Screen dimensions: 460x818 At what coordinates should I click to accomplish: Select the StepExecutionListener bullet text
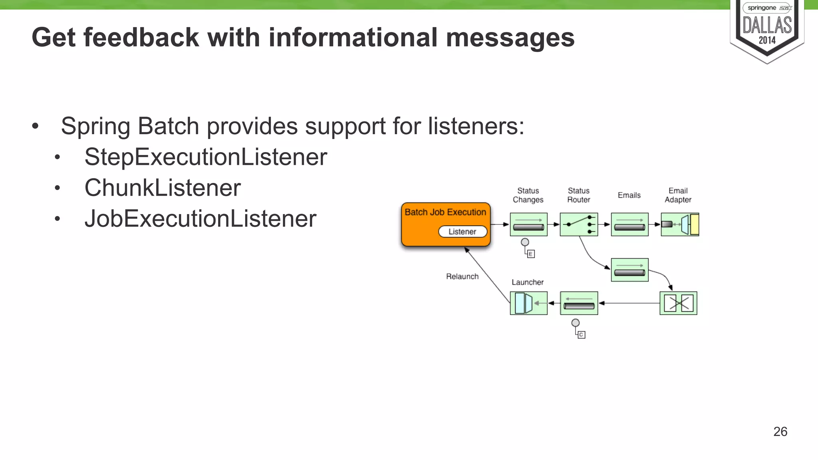(x=205, y=157)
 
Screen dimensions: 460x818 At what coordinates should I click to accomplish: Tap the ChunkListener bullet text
(x=162, y=188)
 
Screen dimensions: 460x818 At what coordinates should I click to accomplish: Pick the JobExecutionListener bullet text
(x=200, y=219)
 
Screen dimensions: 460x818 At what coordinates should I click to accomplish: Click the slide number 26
(x=780, y=432)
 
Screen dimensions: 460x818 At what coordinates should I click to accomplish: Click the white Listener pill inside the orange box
(x=463, y=232)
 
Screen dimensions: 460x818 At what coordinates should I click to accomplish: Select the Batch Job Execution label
(x=445, y=212)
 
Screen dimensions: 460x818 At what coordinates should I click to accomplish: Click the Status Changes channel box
(x=528, y=224)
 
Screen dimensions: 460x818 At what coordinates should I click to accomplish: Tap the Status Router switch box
(x=579, y=224)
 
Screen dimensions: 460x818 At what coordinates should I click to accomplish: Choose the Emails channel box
(x=629, y=224)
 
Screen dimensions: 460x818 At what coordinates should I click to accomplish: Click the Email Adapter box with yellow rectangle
(x=680, y=224)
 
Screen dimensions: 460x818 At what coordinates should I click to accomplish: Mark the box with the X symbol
(x=678, y=303)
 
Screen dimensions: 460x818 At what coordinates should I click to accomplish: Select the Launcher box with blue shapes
(x=528, y=303)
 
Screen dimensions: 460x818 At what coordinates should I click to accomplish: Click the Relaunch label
(x=462, y=276)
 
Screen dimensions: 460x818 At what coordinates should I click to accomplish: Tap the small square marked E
(x=531, y=254)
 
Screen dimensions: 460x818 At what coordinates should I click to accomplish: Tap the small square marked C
(x=582, y=335)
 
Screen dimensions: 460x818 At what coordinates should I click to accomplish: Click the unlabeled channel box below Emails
(x=629, y=270)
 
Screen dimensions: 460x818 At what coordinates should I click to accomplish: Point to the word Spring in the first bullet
(x=95, y=126)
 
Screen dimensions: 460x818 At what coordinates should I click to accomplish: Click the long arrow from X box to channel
(x=629, y=303)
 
